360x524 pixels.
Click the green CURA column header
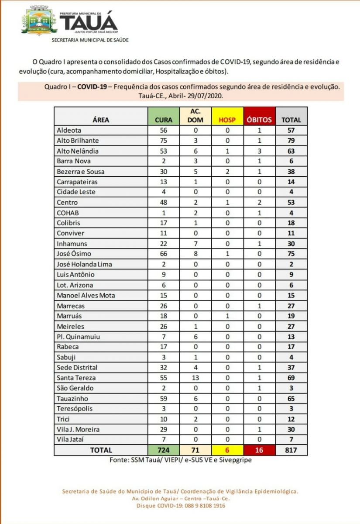tap(164, 120)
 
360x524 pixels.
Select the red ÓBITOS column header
tap(260, 120)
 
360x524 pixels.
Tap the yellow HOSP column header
tap(227, 120)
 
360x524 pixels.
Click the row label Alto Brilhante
tap(78, 141)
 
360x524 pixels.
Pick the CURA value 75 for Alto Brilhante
tap(164, 141)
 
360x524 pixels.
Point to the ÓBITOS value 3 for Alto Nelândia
tap(260, 151)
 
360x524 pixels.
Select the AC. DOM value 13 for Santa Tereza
tap(195, 378)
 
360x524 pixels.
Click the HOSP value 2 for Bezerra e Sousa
tap(227, 172)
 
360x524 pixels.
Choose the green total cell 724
tap(164, 450)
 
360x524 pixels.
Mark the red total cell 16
tap(260, 450)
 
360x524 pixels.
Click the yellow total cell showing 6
tap(227, 450)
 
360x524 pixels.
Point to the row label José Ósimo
tap(74, 254)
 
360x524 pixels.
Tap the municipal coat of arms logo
tap(39, 21)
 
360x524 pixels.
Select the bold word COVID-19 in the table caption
tap(92, 86)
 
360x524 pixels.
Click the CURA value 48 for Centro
tap(164, 203)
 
